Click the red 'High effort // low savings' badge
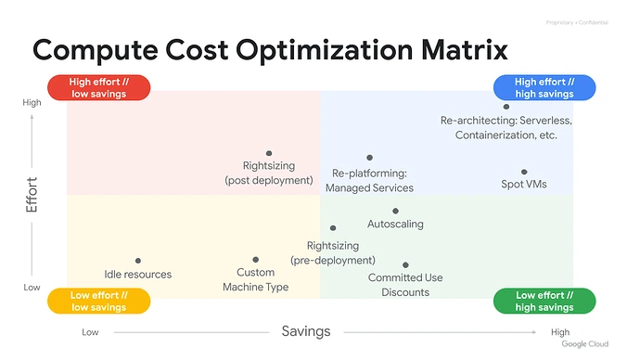point(98,87)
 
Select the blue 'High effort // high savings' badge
point(544,87)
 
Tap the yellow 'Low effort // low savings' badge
point(98,301)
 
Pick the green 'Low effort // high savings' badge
point(544,301)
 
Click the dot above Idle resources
point(138,262)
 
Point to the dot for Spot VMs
point(524,172)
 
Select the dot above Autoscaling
point(395,212)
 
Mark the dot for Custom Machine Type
point(256,260)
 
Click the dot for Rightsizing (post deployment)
point(269,153)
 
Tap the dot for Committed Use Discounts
point(406,264)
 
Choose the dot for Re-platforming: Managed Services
point(369,158)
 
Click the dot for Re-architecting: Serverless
point(506,107)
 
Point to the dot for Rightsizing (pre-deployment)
point(333,227)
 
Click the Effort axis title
point(32,195)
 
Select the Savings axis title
point(306,331)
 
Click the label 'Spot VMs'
point(524,185)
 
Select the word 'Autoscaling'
point(395,225)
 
